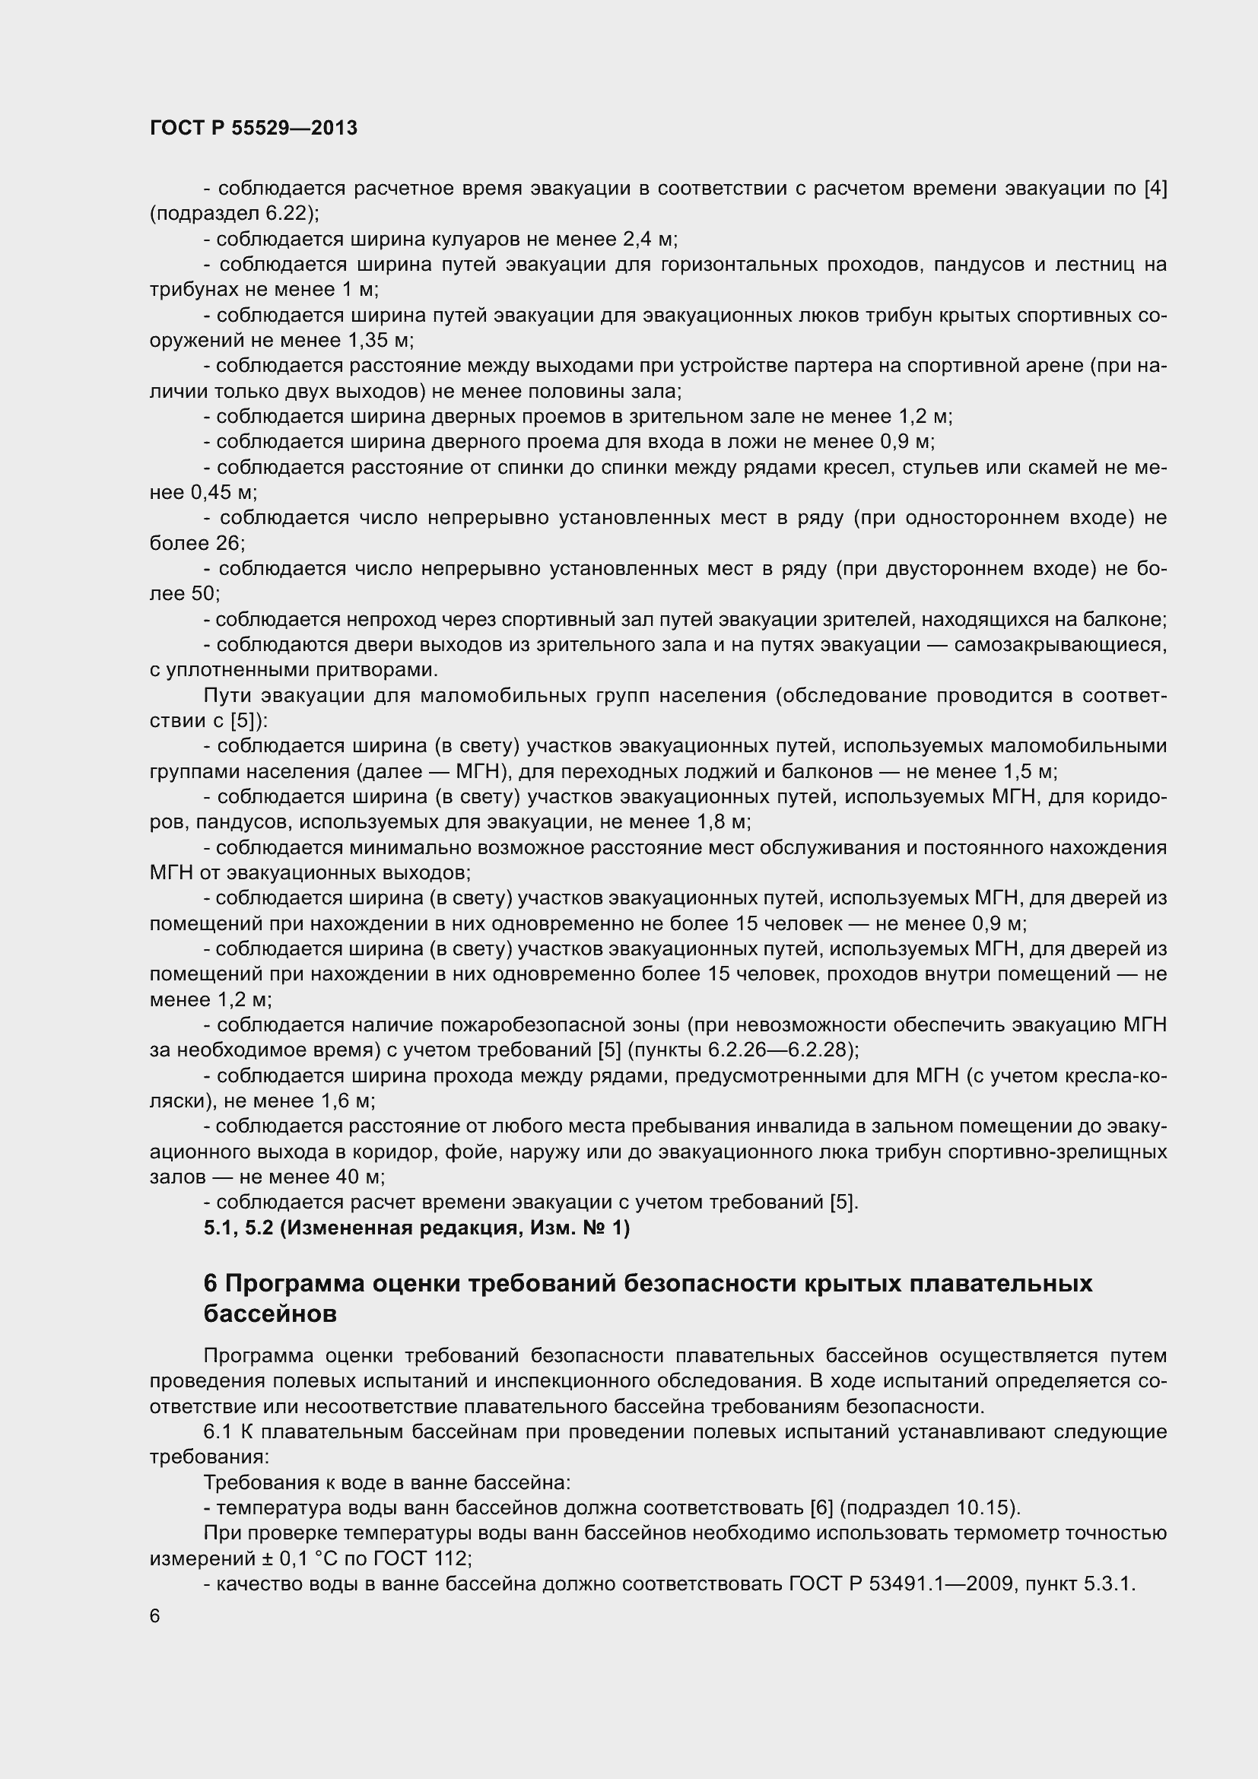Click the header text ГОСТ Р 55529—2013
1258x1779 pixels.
[253, 128]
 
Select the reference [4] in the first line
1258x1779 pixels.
[1155, 189]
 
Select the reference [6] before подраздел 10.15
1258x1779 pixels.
[821, 1507]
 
